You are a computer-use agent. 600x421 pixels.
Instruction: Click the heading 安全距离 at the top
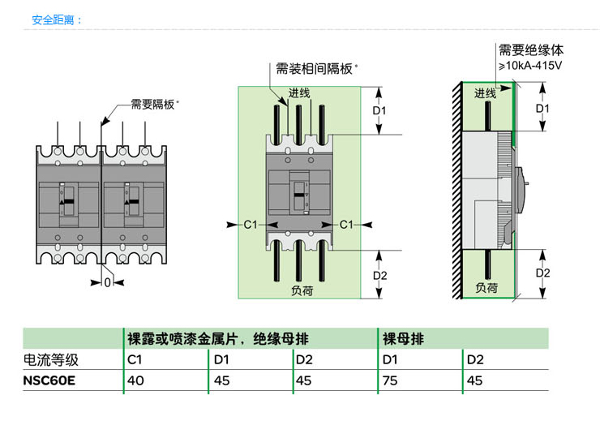click(x=53, y=20)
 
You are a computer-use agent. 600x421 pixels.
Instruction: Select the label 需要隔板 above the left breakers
click(x=152, y=104)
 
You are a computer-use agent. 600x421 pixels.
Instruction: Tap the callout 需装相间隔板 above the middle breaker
click(x=314, y=69)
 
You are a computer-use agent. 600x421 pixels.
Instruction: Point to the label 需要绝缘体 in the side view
click(x=531, y=50)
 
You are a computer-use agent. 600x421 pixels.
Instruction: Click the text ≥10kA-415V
click(x=530, y=66)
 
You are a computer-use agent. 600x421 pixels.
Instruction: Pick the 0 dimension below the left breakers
click(x=108, y=282)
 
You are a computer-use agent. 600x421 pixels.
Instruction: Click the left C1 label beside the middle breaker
click(x=251, y=225)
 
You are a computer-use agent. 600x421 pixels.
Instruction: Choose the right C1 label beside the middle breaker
click(x=346, y=225)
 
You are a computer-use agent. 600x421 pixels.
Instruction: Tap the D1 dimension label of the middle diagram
click(x=379, y=110)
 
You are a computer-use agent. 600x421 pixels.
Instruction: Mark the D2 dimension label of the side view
click(x=542, y=273)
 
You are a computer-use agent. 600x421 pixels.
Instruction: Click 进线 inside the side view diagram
click(x=485, y=93)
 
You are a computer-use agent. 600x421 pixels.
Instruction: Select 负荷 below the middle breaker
click(x=302, y=290)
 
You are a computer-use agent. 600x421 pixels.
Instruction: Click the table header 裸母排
click(x=403, y=339)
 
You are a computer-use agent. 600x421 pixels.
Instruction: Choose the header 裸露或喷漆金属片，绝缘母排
click(x=218, y=339)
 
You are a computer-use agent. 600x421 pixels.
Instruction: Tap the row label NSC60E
click(x=49, y=380)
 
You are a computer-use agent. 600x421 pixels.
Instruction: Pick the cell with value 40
click(x=135, y=380)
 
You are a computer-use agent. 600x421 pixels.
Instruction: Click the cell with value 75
click(x=390, y=380)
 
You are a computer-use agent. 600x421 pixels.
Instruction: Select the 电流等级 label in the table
click(x=51, y=360)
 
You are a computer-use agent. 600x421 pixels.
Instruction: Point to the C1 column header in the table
click(x=135, y=359)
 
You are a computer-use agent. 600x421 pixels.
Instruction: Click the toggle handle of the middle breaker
click(x=299, y=195)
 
